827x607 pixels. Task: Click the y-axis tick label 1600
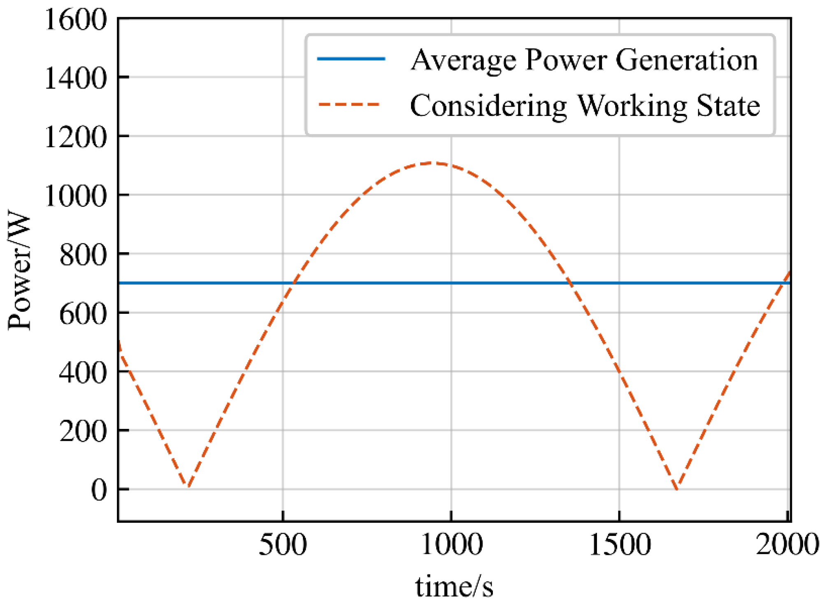click(x=76, y=20)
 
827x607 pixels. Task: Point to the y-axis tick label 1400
click(x=76, y=78)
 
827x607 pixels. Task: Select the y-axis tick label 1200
click(x=76, y=137)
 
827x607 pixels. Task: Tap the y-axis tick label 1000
click(x=76, y=196)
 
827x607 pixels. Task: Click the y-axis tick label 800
click(x=83, y=255)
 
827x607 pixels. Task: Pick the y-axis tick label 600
click(x=83, y=314)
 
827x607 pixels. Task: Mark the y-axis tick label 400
click(x=83, y=373)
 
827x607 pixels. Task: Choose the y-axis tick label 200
click(x=83, y=431)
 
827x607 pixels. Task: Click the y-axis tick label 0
click(x=99, y=490)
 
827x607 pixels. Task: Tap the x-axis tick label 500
click(x=283, y=545)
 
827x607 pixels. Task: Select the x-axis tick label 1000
click(x=452, y=545)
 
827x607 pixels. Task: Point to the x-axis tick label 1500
click(x=620, y=545)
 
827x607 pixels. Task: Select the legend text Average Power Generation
click(x=584, y=60)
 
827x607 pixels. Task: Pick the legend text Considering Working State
click(x=585, y=106)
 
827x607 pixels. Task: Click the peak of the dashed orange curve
click(x=432, y=163)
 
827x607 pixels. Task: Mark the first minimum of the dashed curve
click(x=188, y=486)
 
